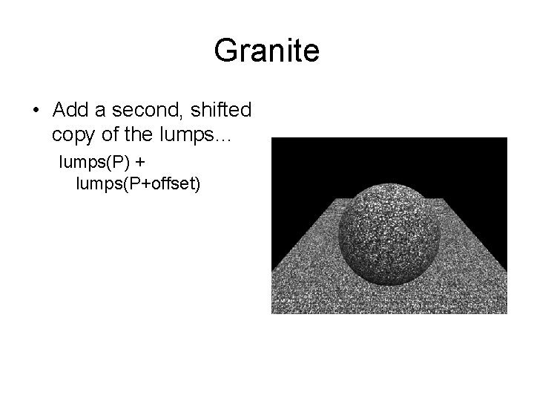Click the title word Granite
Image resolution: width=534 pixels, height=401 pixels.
tap(266, 51)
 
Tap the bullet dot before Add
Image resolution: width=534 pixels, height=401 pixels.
tap(36, 111)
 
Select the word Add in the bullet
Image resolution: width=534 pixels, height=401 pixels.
tap(70, 110)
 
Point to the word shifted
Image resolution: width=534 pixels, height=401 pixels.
tap(222, 110)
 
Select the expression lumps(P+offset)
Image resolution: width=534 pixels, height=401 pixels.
tap(138, 183)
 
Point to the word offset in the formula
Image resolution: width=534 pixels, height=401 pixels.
tap(171, 183)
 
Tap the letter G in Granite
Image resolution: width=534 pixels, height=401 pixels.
tap(225, 51)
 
